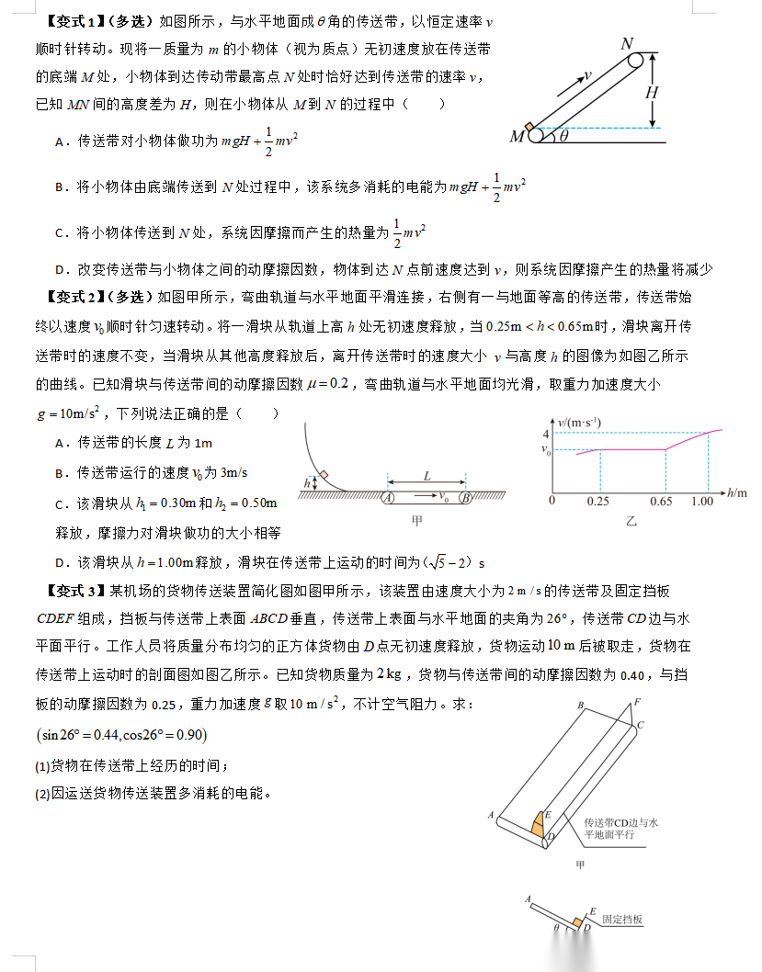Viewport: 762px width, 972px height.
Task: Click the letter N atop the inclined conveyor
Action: pos(627,43)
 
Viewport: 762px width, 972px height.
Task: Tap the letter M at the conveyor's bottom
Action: pos(517,137)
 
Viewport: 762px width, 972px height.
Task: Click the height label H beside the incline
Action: pos(652,92)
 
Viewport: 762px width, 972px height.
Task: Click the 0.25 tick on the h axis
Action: pos(599,501)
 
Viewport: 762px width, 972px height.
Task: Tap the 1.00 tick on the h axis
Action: pos(703,501)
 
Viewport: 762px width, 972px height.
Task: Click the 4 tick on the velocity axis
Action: pos(546,434)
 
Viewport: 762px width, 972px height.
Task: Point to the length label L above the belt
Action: pos(427,476)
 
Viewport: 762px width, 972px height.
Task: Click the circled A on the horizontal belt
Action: pos(389,498)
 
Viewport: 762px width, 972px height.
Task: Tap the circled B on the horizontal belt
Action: pos(466,498)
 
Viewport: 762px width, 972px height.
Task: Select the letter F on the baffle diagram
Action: pos(636,703)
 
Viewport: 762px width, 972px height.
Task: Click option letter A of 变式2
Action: pos(59,443)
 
